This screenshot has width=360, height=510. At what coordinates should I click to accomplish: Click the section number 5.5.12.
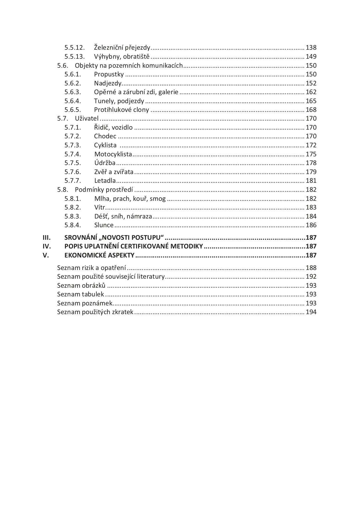coord(74,48)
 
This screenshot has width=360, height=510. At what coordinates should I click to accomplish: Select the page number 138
coord(311,48)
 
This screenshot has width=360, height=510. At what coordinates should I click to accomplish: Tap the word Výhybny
coord(105,57)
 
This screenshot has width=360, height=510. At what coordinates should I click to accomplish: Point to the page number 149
coord(311,57)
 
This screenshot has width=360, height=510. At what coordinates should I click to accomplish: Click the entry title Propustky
coord(109,74)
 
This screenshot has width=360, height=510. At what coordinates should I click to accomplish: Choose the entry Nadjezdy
coord(108,83)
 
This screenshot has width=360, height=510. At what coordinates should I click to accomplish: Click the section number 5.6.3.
coord(73,92)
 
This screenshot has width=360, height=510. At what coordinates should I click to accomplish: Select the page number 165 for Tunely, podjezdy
coord(311,101)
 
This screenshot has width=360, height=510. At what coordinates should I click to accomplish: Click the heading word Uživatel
coord(87,119)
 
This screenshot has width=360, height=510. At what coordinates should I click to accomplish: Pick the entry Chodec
coord(105,136)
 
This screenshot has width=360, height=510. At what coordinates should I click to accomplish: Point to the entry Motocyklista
coord(113,154)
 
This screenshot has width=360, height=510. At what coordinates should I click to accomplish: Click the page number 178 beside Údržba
coord(311,163)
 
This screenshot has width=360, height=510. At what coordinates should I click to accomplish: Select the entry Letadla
coord(105,181)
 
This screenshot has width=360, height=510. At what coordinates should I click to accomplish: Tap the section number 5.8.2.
coord(73,207)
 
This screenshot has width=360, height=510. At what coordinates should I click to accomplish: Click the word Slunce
coord(104,225)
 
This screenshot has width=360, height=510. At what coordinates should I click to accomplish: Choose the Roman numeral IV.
coord(47,246)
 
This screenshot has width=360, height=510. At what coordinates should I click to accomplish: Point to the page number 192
coord(311,277)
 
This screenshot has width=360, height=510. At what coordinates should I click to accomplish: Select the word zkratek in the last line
coord(122,312)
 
